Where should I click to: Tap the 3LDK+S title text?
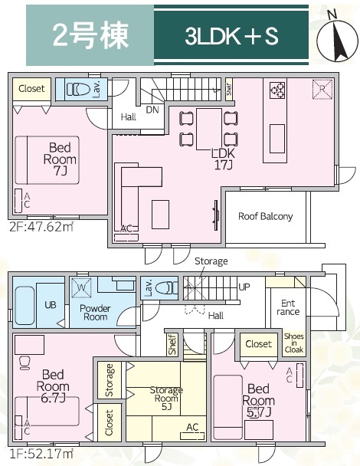coord(231,36)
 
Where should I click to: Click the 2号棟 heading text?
coord(90,35)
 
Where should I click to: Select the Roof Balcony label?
coord(265,216)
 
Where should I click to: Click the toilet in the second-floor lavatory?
coord(78,89)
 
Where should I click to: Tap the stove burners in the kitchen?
coord(277,90)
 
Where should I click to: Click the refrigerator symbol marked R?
coord(322,89)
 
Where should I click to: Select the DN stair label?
coord(152,110)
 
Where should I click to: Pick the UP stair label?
coord(244,287)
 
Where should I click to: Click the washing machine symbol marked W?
coord(81,287)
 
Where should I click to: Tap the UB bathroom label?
coord(51,305)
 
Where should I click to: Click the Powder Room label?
coord(95,313)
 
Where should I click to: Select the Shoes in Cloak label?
coord(294,343)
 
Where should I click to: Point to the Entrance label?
coord(288,307)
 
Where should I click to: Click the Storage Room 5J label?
coord(166,398)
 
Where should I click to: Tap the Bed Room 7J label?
coord(60,159)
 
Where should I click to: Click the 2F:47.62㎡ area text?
coord(41,227)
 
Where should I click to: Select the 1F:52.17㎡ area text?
coord(41,454)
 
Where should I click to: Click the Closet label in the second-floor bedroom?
coord(31,88)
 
